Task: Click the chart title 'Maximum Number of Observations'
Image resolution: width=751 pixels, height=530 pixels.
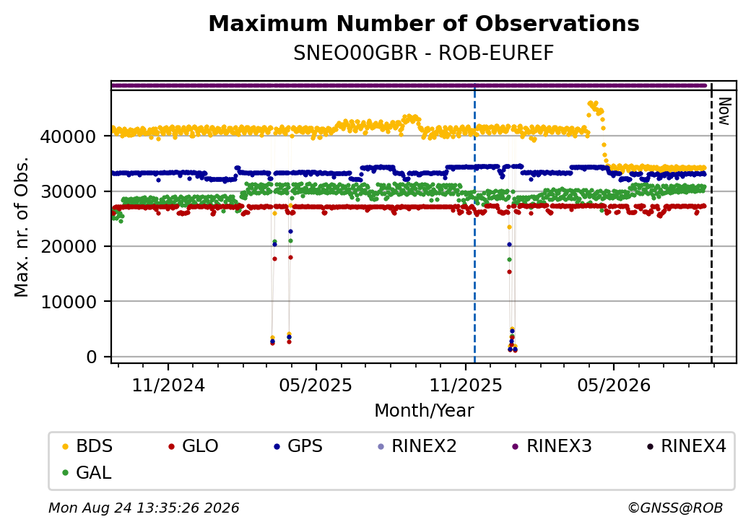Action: point(424,23)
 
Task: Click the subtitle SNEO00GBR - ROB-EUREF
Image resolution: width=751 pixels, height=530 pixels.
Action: point(424,53)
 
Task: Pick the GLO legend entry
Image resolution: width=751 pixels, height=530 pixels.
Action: point(194,446)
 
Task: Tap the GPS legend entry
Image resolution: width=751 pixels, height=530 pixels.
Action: point(298,446)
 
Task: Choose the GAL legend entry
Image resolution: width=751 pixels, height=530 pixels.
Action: point(87,472)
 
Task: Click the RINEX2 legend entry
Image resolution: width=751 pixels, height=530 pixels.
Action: point(417,446)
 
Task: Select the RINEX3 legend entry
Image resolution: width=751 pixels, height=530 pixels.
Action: point(552,446)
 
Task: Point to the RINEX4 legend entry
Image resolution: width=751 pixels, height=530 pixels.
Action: point(686,446)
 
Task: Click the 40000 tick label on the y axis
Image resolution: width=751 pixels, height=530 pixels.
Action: point(68,137)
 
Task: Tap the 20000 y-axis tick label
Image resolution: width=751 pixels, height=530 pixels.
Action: point(68,247)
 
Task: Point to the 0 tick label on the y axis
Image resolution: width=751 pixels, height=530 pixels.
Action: point(92,357)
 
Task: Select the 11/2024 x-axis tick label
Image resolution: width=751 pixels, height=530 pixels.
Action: point(168,386)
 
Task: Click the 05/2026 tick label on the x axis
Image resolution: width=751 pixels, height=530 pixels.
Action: point(614,386)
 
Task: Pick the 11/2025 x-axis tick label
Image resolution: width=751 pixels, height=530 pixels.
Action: point(466,386)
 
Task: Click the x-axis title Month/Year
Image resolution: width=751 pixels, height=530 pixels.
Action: point(424,411)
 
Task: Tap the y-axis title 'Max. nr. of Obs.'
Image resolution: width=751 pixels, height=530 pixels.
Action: point(22,227)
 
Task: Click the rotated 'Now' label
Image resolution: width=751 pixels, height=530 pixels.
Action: point(725,111)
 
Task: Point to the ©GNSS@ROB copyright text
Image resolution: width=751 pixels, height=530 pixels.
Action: point(675,508)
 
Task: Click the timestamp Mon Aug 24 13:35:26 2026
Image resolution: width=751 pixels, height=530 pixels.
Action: point(144,508)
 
